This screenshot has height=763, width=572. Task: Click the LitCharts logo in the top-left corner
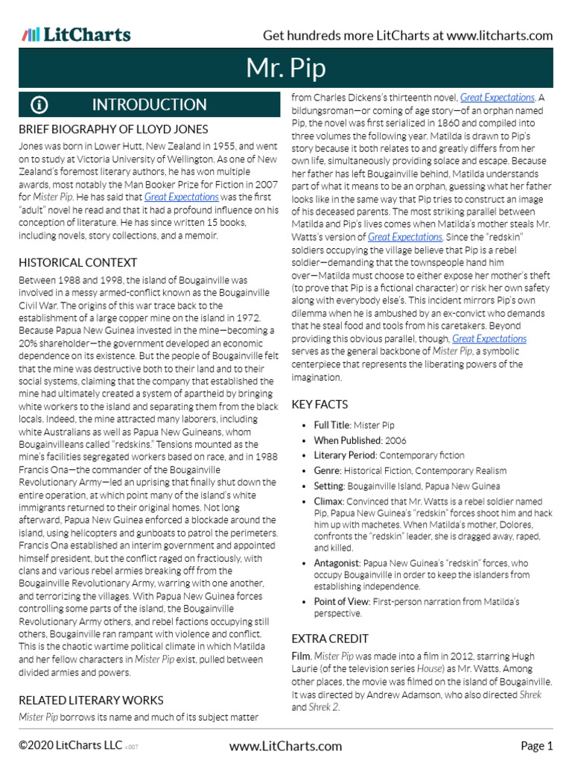76,35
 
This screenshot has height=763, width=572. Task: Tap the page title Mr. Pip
286,69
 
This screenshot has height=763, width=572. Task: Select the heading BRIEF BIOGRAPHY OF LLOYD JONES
113,130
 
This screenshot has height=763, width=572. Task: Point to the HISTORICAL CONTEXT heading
77,262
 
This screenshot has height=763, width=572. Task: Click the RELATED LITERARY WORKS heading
91,700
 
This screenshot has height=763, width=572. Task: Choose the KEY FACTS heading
320,404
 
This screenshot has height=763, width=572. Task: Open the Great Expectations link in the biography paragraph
182,197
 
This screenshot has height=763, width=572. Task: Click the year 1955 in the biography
226,147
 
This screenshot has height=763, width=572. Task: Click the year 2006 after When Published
395,440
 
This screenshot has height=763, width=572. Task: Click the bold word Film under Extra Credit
301,656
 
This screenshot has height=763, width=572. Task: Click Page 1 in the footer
536,746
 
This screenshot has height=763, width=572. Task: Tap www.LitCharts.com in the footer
286,746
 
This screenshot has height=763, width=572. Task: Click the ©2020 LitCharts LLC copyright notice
71,746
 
